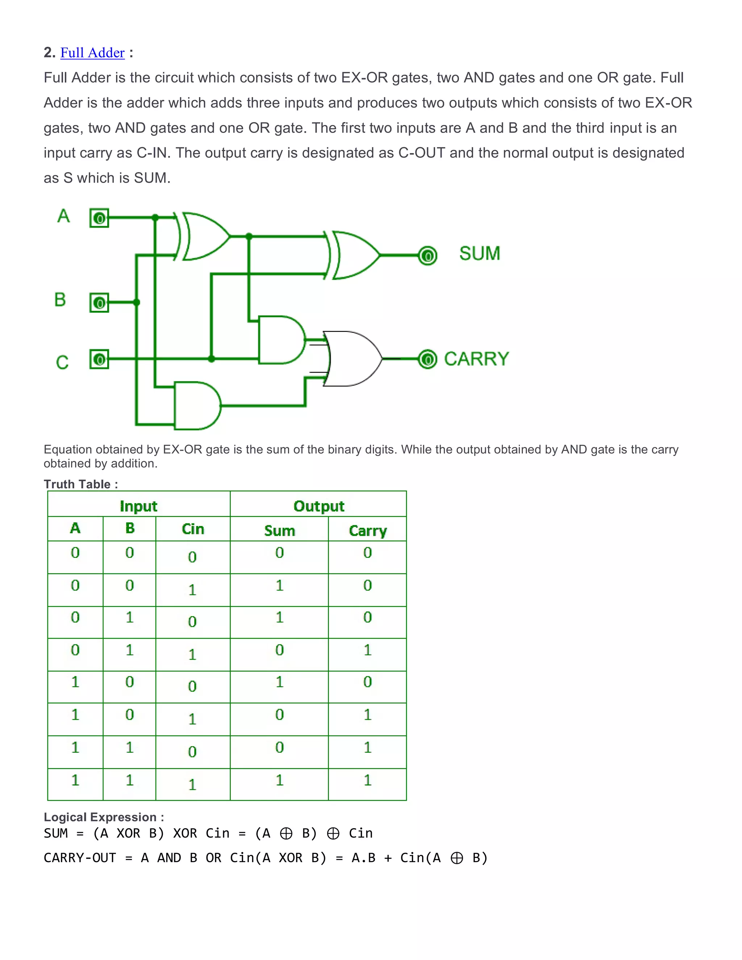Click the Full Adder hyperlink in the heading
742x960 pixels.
point(92,53)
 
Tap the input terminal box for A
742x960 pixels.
point(99,218)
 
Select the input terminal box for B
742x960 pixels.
point(99,303)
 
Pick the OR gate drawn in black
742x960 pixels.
point(352,359)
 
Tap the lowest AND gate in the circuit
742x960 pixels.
point(196,405)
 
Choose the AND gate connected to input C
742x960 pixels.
point(280,340)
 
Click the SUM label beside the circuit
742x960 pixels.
point(480,254)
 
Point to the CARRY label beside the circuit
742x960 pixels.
point(476,359)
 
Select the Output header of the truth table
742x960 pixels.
point(319,506)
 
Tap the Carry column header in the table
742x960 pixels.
point(367,531)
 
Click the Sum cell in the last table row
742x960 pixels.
point(280,780)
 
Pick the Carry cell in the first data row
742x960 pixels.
point(367,552)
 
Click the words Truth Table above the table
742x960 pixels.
point(78,484)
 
